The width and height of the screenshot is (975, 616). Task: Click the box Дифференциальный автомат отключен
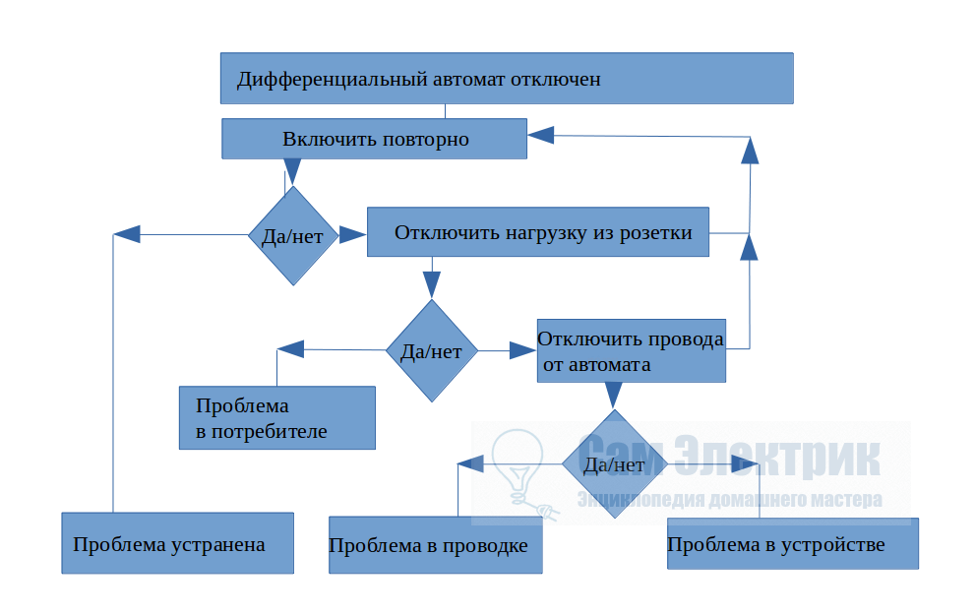(x=506, y=79)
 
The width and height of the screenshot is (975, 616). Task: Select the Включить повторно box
(x=375, y=139)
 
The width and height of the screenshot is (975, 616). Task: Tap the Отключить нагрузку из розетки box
(x=537, y=232)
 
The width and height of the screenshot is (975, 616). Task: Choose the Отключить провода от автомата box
(x=631, y=351)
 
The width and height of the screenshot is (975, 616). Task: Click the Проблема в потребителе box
(x=276, y=418)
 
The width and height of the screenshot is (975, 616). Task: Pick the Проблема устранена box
(x=177, y=543)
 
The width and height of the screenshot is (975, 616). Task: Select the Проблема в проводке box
(x=435, y=545)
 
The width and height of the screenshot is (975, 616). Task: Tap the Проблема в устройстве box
(x=792, y=543)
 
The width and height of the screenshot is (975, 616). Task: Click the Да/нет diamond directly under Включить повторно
(x=292, y=236)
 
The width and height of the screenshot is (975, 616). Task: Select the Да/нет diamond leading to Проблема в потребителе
(x=431, y=351)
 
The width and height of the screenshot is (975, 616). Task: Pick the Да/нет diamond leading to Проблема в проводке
(x=614, y=464)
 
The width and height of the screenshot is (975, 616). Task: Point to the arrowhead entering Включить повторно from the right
(x=541, y=135)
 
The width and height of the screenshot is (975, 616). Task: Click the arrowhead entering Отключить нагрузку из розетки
(x=353, y=235)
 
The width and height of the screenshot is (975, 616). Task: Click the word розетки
(x=654, y=233)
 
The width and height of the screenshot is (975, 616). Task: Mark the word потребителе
(x=262, y=431)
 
